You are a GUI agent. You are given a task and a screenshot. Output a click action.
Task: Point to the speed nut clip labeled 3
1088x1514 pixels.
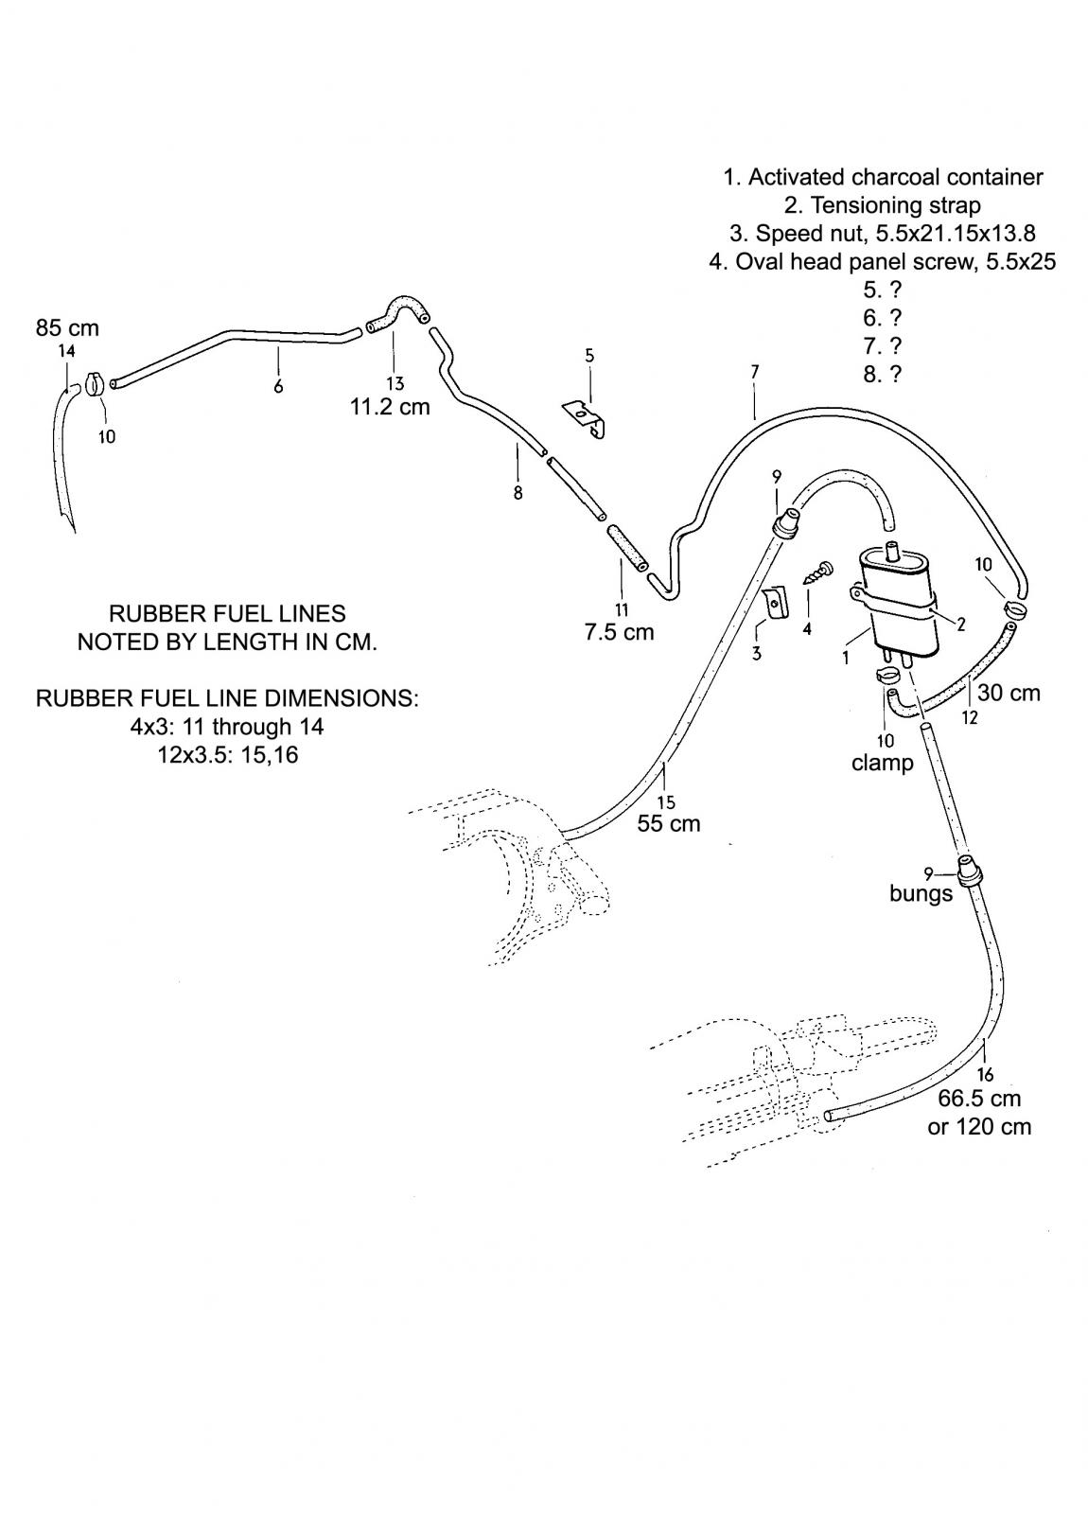pos(775,604)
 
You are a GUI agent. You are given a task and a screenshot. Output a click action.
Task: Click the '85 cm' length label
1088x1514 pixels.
pos(67,328)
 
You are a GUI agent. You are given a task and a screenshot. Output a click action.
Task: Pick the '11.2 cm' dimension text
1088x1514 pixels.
pos(390,407)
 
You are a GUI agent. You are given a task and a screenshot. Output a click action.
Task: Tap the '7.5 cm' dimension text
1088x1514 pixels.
pos(619,632)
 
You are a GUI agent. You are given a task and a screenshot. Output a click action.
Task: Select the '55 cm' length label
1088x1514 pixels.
pos(669,823)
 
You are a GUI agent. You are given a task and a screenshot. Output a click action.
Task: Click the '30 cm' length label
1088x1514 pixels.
pos(1009,693)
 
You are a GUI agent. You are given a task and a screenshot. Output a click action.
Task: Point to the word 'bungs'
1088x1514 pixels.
pos(921,893)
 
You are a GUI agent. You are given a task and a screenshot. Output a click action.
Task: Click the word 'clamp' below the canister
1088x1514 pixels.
pos(882,763)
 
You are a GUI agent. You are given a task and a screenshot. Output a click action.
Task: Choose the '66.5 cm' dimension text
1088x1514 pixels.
pos(979,1099)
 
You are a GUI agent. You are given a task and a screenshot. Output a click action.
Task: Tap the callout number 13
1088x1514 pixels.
pos(395,383)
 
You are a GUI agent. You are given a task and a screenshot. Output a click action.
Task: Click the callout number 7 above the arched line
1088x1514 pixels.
pos(754,372)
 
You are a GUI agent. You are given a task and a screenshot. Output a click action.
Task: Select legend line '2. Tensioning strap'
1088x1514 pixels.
pos(882,205)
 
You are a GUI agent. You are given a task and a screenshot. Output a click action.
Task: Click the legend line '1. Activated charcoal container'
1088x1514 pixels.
pos(883,177)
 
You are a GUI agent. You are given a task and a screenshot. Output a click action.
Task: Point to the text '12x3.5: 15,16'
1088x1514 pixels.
pos(228,756)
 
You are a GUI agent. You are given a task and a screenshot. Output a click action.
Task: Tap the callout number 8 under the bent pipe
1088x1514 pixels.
pos(518,493)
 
